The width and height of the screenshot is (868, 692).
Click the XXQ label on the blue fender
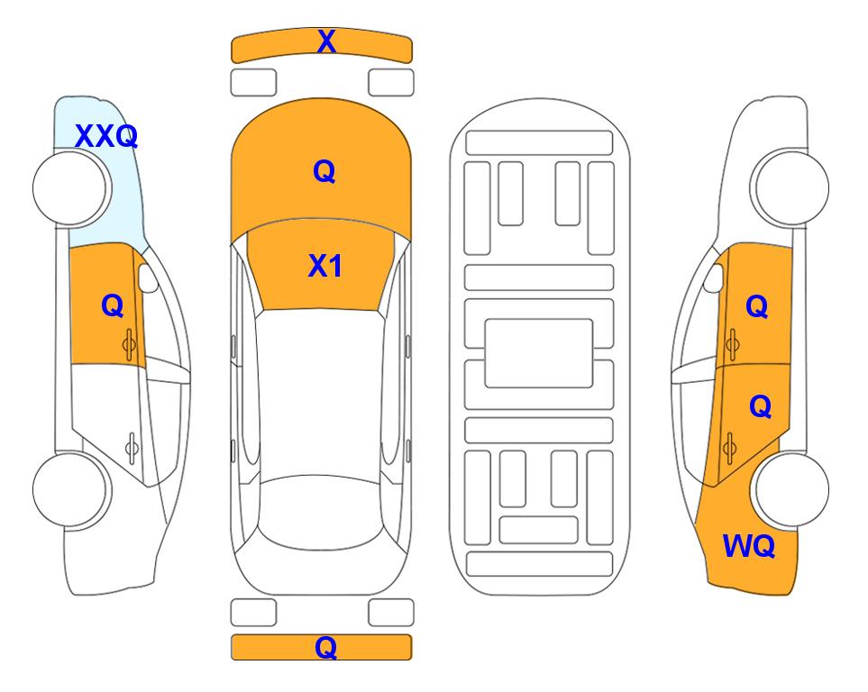point(106,136)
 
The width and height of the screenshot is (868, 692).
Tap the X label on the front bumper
point(326,41)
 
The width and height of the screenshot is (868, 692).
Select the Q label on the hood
point(324,171)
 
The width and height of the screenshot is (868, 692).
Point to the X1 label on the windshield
point(325,266)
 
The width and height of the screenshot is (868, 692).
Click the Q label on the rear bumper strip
point(326,647)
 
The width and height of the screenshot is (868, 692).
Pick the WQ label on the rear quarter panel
point(749,546)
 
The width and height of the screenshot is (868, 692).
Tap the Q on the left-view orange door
point(113,305)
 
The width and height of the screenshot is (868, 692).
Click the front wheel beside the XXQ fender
point(70,188)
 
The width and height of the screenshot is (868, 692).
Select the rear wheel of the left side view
point(70,489)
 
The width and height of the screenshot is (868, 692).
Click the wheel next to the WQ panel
point(791,489)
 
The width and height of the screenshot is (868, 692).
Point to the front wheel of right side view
point(791,188)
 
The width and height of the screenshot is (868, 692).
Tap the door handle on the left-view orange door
point(130,345)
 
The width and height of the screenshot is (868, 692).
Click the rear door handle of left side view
point(132,447)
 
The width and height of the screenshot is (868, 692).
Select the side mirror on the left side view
point(147,278)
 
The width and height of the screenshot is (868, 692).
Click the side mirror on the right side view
point(714,278)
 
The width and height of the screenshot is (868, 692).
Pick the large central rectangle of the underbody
point(539,353)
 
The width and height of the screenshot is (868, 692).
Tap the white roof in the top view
point(321,393)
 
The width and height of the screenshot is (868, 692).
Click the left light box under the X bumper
point(253,83)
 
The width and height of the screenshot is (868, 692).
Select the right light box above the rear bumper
point(391,613)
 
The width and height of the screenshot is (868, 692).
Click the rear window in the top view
point(321,512)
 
